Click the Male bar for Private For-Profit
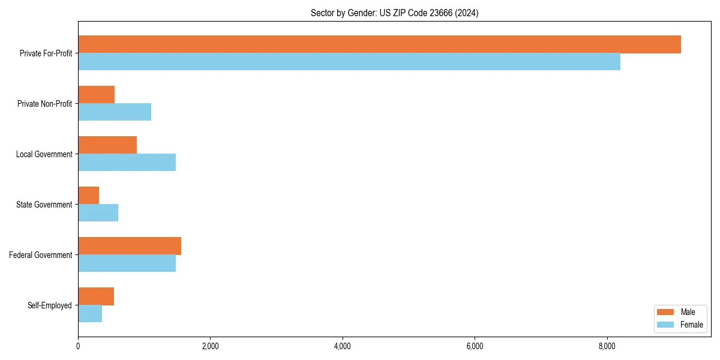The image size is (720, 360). coord(379,44)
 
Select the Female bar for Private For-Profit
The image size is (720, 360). coord(349,62)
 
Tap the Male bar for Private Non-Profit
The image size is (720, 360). coord(96,95)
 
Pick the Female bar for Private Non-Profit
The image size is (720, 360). coord(115,112)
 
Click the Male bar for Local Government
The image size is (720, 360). coord(107,145)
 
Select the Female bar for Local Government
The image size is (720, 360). coord(127,163)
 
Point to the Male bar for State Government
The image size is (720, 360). coord(88,196)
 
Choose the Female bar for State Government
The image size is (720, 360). coord(98,213)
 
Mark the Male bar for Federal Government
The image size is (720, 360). coord(130,246)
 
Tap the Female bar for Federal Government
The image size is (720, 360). coord(127,263)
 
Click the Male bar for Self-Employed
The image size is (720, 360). coord(96,296)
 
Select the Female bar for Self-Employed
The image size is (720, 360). coord(90,314)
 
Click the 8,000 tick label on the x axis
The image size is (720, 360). coord(607,346)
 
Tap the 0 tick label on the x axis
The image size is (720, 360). coord(78,346)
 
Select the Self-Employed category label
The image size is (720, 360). coord(50,305)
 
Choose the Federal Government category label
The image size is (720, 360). coord(41,255)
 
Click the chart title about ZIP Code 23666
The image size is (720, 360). coord(394,13)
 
